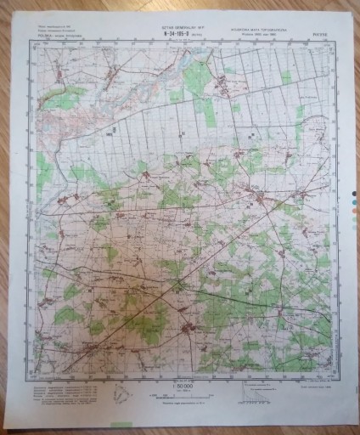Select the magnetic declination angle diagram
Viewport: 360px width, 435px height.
coord(123,392)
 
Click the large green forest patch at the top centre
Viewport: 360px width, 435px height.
coord(196,78)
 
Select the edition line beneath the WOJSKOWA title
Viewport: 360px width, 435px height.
coord(254,35)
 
